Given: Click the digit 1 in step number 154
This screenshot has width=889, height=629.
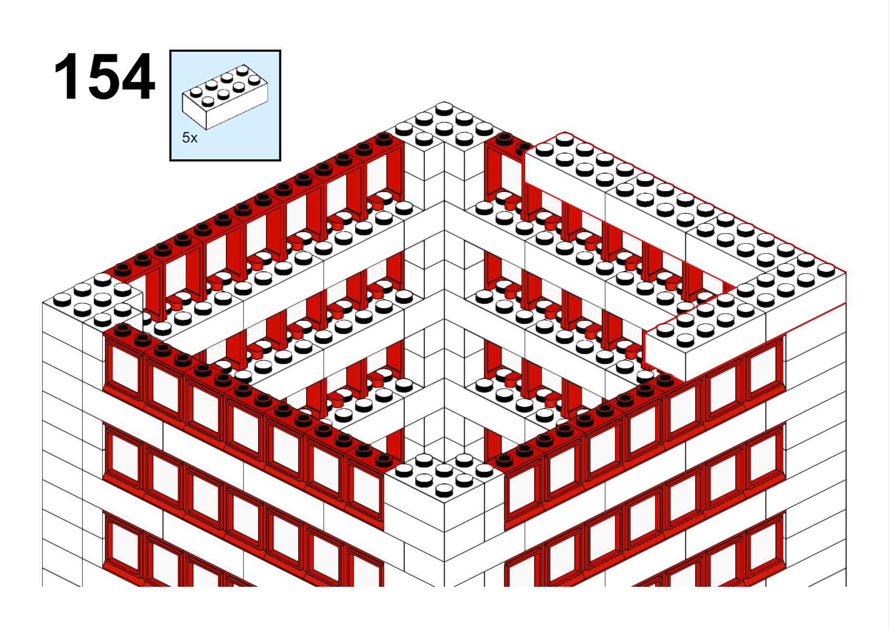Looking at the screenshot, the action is click(65, 76).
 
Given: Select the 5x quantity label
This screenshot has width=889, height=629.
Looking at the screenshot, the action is click(190, 138).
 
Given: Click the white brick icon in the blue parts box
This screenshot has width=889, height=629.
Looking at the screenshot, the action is click(225, 97).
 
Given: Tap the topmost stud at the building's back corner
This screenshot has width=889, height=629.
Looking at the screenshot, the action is click(444, 108).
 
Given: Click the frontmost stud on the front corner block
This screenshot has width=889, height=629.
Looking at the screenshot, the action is click(444, 491).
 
